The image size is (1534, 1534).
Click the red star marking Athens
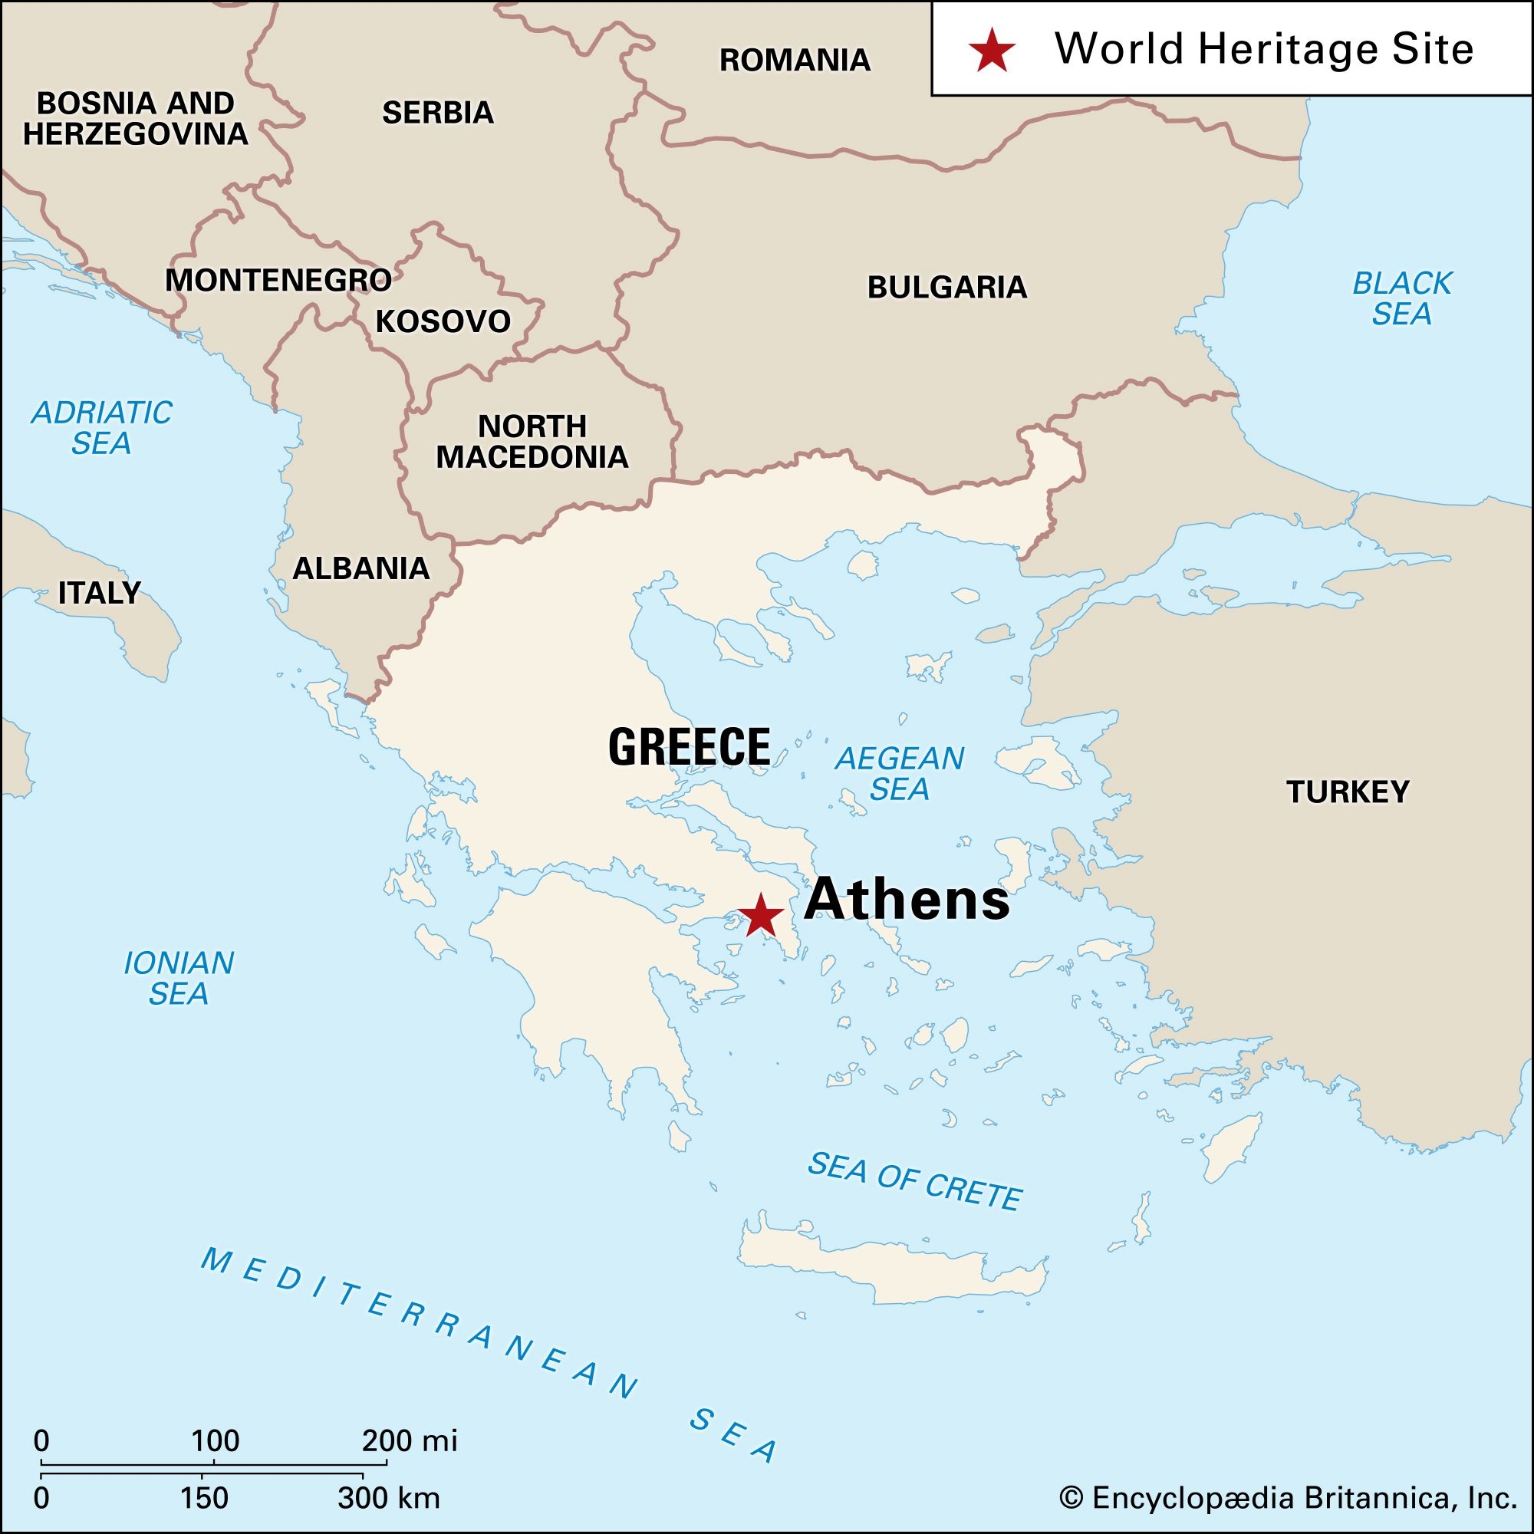click(x=761, y=915)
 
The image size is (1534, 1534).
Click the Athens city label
click(x=906, y=900)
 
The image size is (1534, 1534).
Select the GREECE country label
click(x=690, y=746)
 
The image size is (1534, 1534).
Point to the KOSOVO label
click(x=443, y=321)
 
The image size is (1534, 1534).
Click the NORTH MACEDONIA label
click(x=532, y=443)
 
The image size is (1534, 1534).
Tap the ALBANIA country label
click(x=361, y=568)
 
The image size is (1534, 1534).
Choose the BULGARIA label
click(x=946, y=288)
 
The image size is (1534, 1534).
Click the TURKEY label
click(x=1348, y=792)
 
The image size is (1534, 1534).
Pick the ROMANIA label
click(x=795, y=61)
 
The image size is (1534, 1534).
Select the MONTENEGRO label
click(x=278, y=280)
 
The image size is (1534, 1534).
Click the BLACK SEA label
click(x=1401, y=298)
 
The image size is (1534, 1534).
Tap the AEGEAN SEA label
click(x=899, y=774)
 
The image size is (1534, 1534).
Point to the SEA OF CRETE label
click(x=915, y=1181)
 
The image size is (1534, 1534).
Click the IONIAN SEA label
click(x=179, y=978)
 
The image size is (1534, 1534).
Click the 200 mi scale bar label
click(x=410, y=1440)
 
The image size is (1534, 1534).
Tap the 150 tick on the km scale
click(x=204, y=1498)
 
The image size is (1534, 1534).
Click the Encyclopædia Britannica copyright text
click(x=1287, y=1498)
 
